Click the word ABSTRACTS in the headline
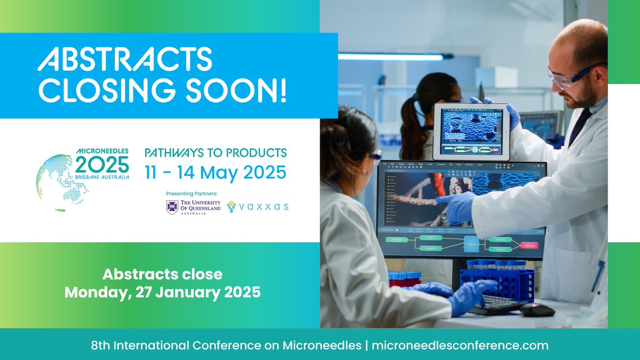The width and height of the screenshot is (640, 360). point(125,59)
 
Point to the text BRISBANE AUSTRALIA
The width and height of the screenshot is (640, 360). point(102,177)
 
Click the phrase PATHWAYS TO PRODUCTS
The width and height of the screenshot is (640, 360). point(215,153)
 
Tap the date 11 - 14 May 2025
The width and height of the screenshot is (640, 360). point(215,172)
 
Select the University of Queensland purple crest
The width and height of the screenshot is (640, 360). point(172,207)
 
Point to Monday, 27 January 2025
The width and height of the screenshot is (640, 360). point(163,292)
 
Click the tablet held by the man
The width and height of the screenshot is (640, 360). point(470,131)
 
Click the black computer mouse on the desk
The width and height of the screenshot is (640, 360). point(537,309)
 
